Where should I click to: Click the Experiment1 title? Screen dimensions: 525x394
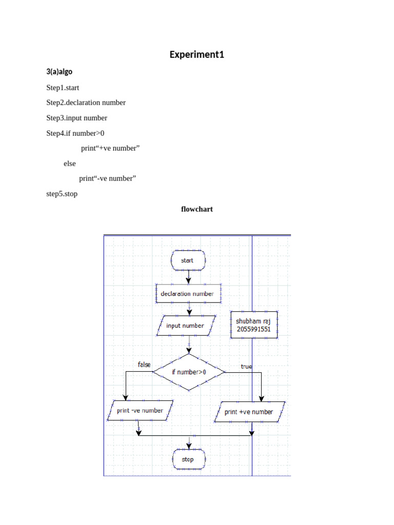[197, 54]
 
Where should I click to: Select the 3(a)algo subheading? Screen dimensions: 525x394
[60, 72]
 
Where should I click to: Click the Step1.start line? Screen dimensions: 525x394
[63, 88]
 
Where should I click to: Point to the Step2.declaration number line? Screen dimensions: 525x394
[86, 103]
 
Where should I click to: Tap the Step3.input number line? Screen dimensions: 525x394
[76, 118]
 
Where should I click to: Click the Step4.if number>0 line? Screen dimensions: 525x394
[75, 133]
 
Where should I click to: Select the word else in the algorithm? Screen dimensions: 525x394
[69, 164]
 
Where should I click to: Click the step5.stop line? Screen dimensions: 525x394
[62, 194]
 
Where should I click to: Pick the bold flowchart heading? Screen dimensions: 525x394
[196, 209]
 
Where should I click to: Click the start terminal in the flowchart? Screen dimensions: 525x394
[188, 260]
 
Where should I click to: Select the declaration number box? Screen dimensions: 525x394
[188, 294]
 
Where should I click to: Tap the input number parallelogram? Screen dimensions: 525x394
[185, 326]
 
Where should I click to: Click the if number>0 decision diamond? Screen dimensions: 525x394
[189, 372]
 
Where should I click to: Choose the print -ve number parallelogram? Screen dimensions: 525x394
[140, 411]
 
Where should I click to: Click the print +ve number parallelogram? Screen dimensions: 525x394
[249, 412]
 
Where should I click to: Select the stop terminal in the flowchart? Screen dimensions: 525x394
[188, 459]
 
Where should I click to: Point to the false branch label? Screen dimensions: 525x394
[144, 365]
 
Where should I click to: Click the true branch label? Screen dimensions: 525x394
[246, 367]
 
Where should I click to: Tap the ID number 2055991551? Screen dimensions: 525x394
[254, 330]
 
